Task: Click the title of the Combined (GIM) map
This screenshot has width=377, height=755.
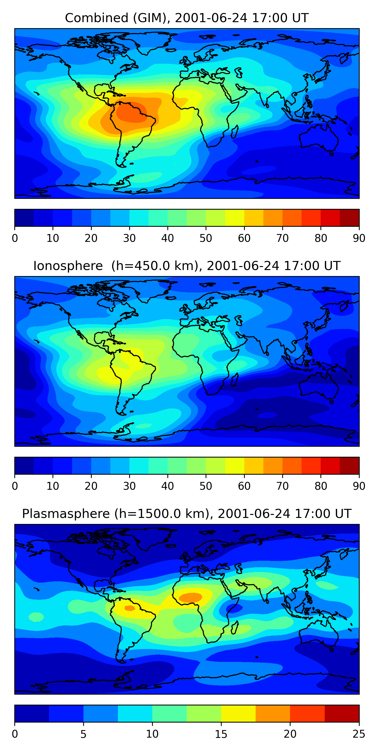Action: tap(186, 18)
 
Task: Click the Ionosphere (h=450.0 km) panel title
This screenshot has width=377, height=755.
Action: tap(186, 266)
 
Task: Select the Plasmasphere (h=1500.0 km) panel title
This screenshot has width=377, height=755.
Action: tap(186, 514)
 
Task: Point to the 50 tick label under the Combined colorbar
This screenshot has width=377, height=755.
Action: tap(206, 238)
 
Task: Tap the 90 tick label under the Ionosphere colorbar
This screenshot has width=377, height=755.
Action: tap(359, 486)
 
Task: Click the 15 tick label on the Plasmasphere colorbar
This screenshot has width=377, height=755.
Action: tap(221, 734)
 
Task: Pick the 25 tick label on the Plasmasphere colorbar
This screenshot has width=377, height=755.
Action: tap(359, 734)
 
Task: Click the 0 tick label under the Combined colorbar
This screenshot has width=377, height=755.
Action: tap(15, 238)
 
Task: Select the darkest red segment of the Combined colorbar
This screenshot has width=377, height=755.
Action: tap(350, 218)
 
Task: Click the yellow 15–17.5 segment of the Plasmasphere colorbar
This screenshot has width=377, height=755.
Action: tap(238, 714)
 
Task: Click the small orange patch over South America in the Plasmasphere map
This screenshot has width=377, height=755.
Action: tap(129, 609)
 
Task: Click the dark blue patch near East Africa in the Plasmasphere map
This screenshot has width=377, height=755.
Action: tap(234, 609)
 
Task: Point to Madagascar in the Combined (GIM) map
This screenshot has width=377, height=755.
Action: tap(235, 132)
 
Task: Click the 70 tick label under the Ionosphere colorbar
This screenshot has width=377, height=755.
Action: tap(282, 486)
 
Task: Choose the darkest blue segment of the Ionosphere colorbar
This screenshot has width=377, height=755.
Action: tap(24, 466)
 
